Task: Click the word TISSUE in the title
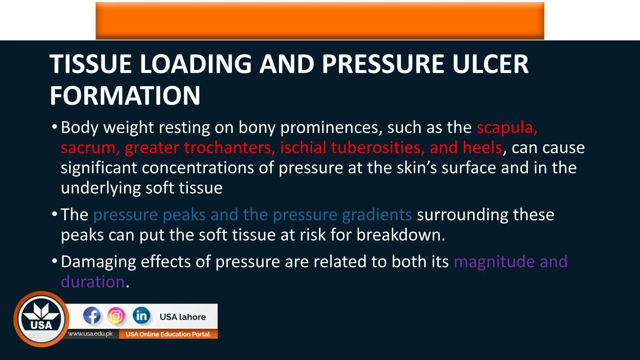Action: (x=91, y=64)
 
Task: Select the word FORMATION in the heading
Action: (x=125, y=96)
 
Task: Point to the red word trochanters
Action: (x=230, y=147)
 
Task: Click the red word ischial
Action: (x=303, y=147)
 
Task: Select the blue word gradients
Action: (x=377, y=215)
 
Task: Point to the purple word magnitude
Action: (x=494, y=262)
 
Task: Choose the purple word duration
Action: (x=93, y=282)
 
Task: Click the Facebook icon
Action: (x=92, y=316)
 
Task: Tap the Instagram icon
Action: (x=116, y=316)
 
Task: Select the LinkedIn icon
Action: (x=141, y=316)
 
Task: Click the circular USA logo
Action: (x=41, y=319)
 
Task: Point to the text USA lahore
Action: (x=182, y=317)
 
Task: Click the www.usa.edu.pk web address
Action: (x=90, y=334)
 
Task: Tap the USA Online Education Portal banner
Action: (x=168, y=334)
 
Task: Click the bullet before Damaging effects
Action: (x=55, y=261)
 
